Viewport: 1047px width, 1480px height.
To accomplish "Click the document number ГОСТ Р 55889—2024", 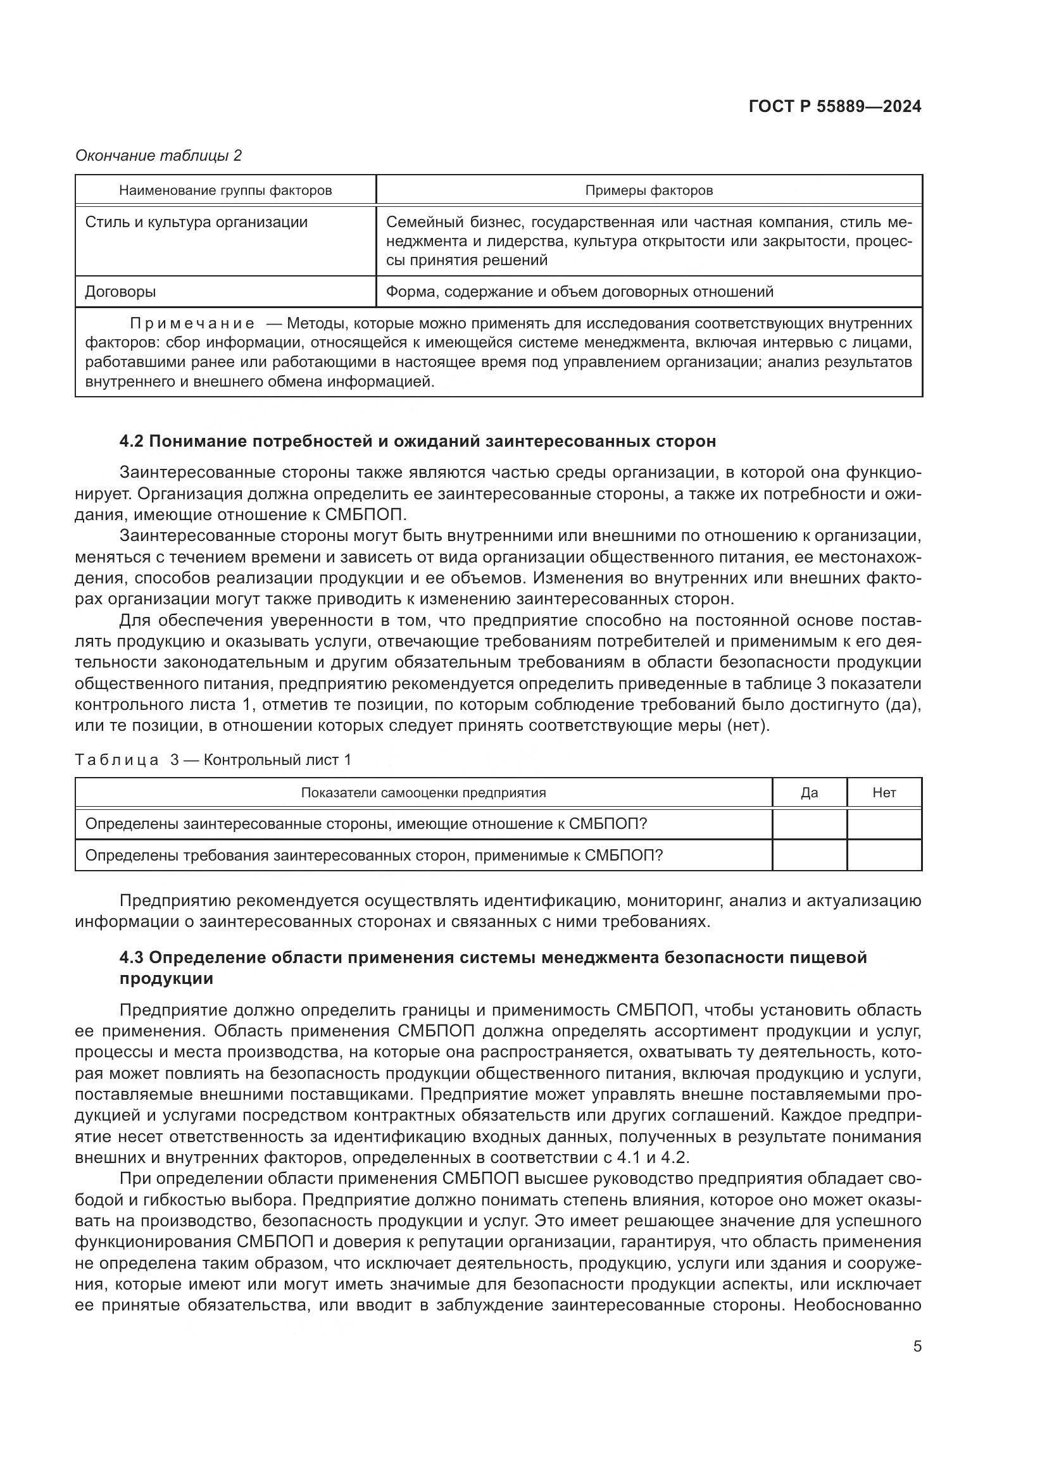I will (835, 107).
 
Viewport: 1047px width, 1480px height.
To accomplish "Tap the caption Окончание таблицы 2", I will (158, 156).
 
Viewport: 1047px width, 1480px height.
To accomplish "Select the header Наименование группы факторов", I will (225, 190).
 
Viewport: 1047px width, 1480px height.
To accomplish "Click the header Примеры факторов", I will (649, 190).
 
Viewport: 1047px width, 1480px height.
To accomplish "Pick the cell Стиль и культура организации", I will (196, 222).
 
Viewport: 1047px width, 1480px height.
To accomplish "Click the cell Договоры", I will (120, 292).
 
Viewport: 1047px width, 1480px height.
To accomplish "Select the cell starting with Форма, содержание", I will (579, 292).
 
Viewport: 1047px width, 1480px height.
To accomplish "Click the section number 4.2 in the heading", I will (132, 442).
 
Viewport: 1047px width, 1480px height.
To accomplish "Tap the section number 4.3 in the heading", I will (132, 957).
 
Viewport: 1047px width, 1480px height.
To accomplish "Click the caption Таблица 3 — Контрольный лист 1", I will (213, 760).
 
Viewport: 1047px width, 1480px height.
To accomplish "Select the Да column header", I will (809, 793).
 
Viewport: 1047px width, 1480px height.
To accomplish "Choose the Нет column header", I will (884, 793).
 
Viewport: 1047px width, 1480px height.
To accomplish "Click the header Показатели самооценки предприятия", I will (423, 793).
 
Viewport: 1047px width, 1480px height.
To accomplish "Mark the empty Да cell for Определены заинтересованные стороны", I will (809, 824).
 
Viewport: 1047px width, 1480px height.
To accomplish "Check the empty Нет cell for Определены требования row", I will (884, 855).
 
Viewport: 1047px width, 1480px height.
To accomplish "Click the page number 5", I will (917, 1346).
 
